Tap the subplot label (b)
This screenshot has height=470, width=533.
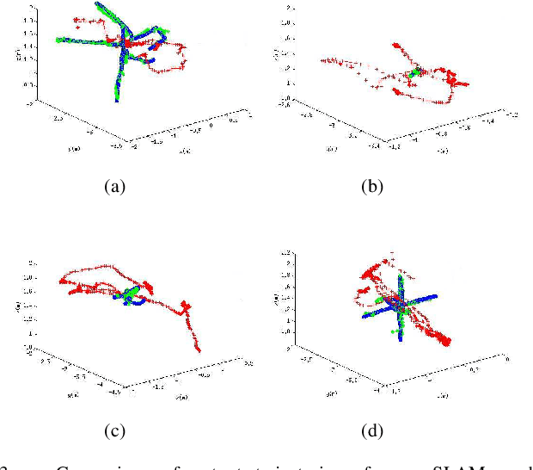pyautogui.click(x=371, y=187)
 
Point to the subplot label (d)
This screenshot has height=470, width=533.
pyautogui.click(x=371, y=430)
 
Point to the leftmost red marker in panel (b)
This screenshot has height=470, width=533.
pyautogui.click(x=321, y=60)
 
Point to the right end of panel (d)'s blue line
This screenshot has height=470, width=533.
pyautogui.click(x=436, y=295)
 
